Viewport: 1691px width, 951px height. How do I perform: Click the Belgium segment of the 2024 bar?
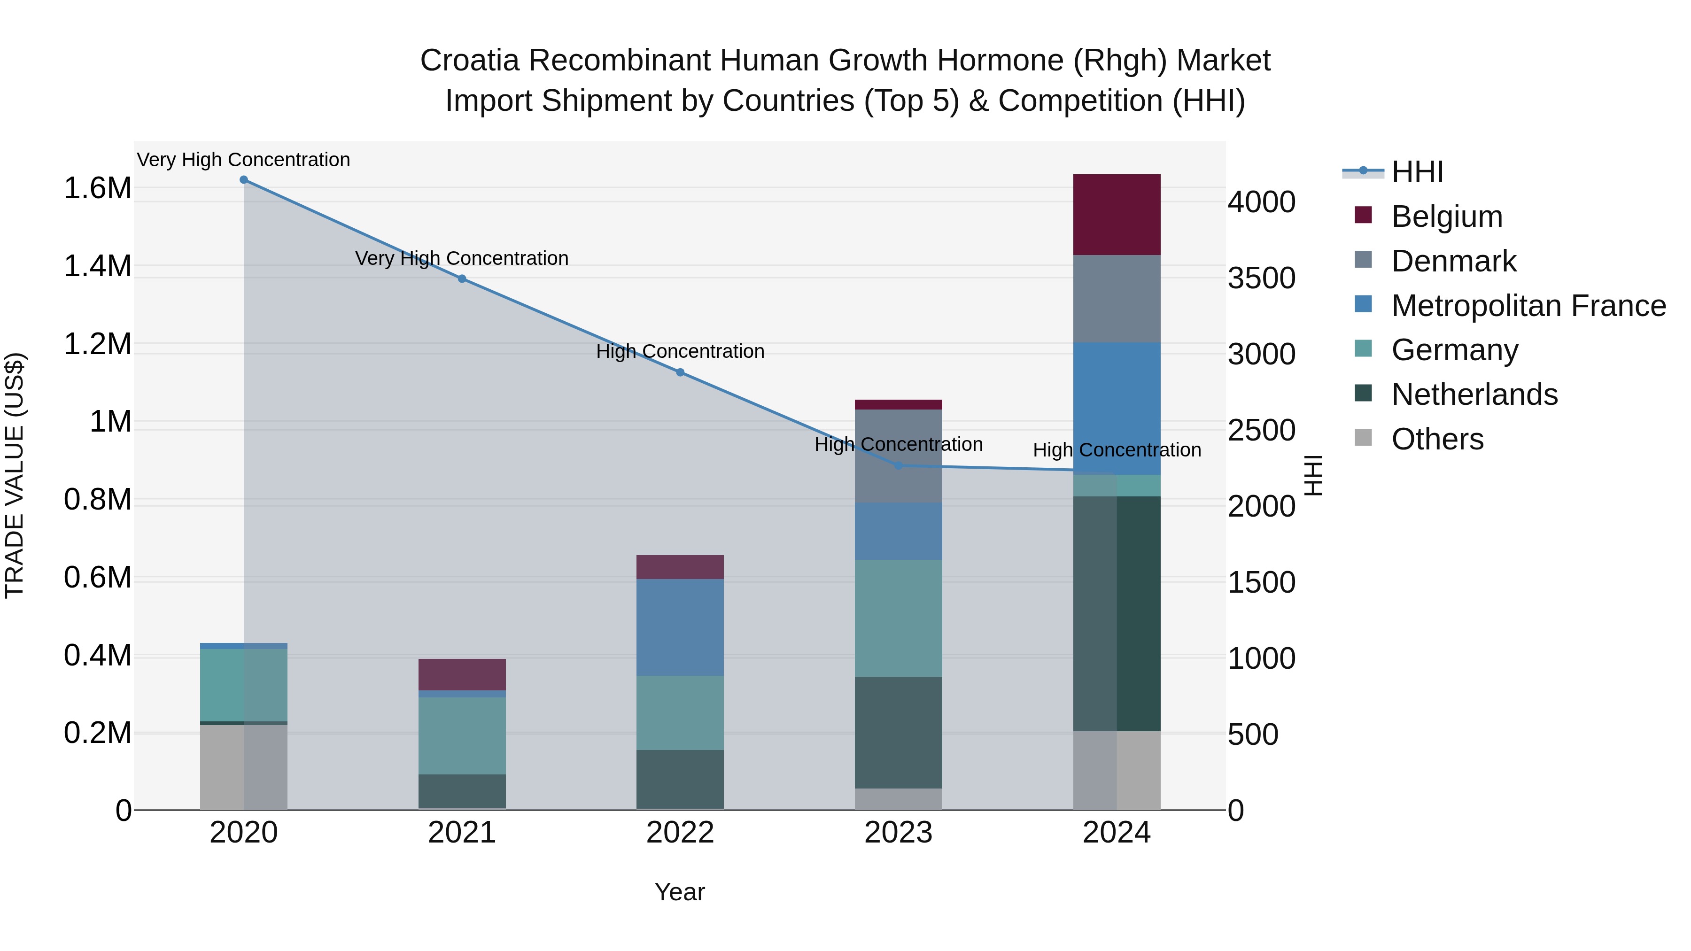click(x=1116, y=215)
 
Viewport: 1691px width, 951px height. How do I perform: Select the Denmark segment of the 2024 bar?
click(x=1116, y=299)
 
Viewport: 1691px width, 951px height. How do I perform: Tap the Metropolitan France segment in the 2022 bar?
click(x=680, y=627)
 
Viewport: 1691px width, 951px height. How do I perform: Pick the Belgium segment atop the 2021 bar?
click(x=462, y=674)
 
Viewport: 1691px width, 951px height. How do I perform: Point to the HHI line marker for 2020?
click(x=243, y=180)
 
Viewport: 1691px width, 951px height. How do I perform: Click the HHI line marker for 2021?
click(x=462, y=279)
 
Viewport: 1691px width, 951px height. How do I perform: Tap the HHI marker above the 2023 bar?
click(x=899, y=466)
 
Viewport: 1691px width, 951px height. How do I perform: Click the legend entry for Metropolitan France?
click(x=1528, y=306)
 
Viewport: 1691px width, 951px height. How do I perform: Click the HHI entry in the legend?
click(x=1417, y=172)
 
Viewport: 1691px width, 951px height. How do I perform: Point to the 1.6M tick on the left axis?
click(x=97, y=188)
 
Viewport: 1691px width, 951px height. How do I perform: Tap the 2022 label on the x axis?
click(x=680, y=833)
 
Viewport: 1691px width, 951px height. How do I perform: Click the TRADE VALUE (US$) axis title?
click(x=15, y=475)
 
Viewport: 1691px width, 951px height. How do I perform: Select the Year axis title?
click(x=679, y=892)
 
